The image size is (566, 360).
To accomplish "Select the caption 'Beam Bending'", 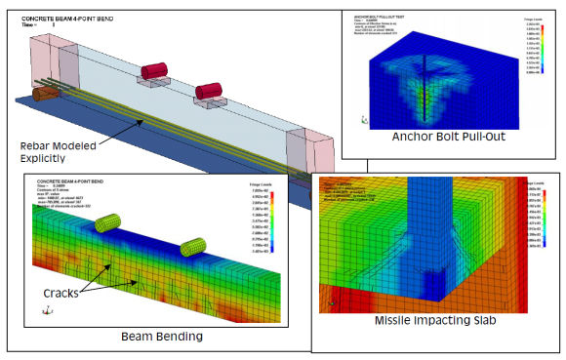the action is (162, 337).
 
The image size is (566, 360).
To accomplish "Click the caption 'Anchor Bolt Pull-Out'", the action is (448, 137).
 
